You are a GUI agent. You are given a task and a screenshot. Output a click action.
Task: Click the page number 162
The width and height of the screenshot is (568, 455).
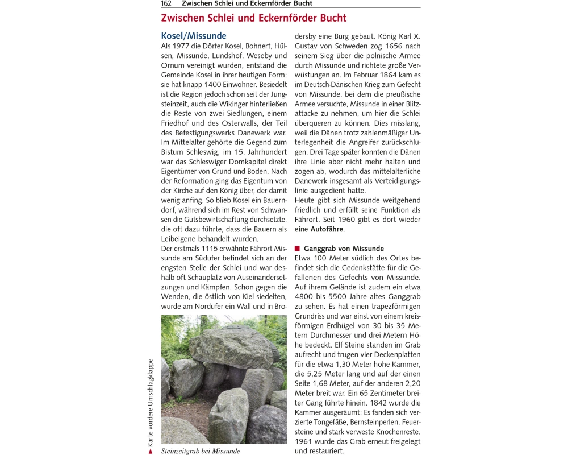(x=166, y=3)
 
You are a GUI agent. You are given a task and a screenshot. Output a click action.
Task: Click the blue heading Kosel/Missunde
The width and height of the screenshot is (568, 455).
(x=194, y=36)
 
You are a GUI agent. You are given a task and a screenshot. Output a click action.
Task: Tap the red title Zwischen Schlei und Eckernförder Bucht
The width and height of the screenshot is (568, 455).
(x=253, y=18)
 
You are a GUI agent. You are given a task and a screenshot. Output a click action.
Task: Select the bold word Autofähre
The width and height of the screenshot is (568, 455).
(x=327, y=229)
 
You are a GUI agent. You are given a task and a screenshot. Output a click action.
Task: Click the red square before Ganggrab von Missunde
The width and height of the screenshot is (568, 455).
(x=297, y=249)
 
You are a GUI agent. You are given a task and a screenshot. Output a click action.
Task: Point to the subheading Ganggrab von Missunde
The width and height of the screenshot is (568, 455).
(x=344, y=249)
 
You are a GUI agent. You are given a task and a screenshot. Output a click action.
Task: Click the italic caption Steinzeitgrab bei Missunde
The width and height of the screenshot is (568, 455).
(x=201, y=451)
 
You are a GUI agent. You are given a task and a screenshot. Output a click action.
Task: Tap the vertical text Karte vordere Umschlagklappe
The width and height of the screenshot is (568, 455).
(x=151, y=400)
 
